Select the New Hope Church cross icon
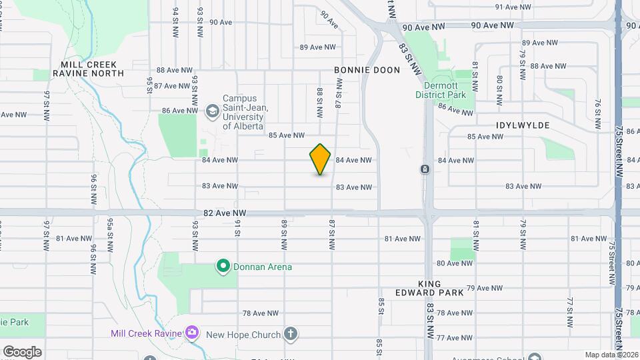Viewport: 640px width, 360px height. pyautogui.click(x=290, y=333)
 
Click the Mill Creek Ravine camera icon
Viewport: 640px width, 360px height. pyautogui.click(x=192, y=332)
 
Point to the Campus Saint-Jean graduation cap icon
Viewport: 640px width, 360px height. pyautogui.click(x=213, y=111)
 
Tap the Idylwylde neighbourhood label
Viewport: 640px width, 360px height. pyautogui.click(x=523, y=125)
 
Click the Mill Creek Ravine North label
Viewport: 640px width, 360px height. pyautogui.click(x=88, y=69)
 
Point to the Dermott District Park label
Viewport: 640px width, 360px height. pyautogui.click(x=448, y=89)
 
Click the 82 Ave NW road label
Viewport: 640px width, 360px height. pyautogui.click(x=225, y=213)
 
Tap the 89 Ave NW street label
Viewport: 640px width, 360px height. pyautogui.click(x=316, y=47)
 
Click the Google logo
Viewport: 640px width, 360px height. pyautogui.click(x=22, y=352)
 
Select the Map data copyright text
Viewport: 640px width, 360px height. pyautogui.click(x=611, y=355)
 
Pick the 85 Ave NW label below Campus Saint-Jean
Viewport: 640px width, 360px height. pyautogui.click(x=286, y=135)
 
